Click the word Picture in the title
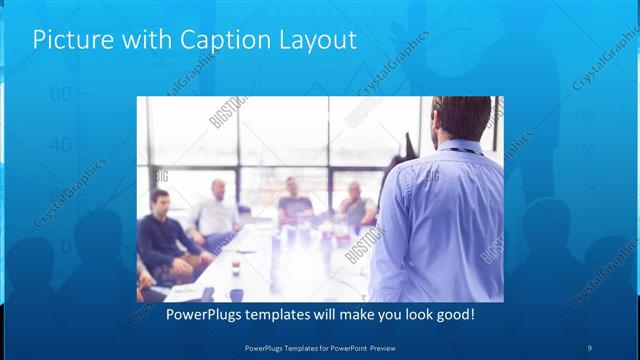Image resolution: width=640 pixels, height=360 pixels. click(x=71, y=40)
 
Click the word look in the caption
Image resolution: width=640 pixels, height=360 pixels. click(x=409, y=315)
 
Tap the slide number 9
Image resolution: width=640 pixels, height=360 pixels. click(x=589, y=347)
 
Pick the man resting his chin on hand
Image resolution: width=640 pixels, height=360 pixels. click(x=355, y=205)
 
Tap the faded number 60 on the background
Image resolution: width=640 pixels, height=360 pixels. click(x=59, y=94)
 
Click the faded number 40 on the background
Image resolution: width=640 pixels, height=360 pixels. click(x=59, y=145)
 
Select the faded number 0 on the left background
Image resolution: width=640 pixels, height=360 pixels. click(x=65, y=246)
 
